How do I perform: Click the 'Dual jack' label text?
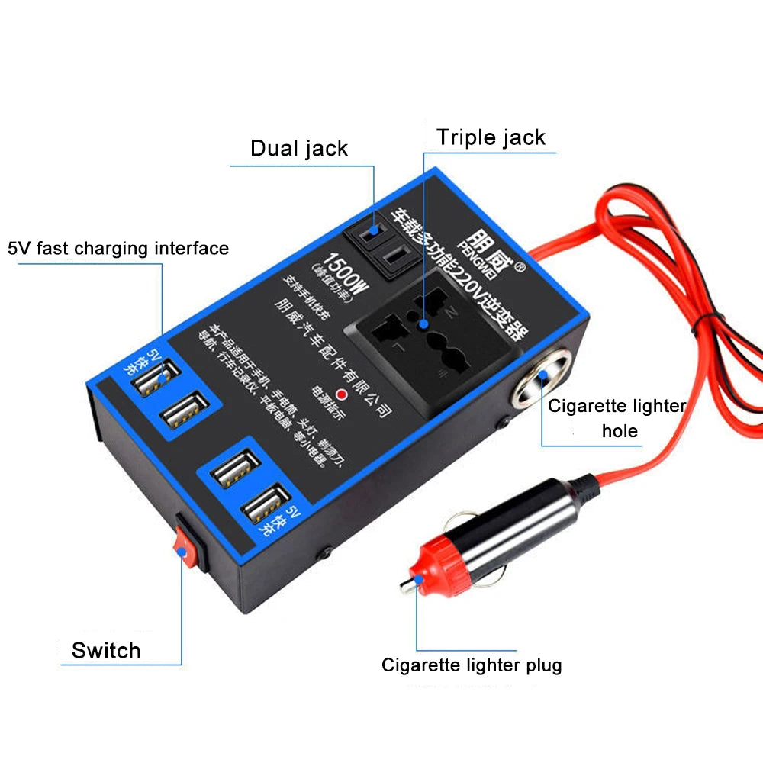coord(299,147)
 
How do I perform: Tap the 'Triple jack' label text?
coord(491,137)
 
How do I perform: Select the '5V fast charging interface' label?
coord(118,248)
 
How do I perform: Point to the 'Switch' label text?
coord(106,651)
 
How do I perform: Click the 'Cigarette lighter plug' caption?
coord(472,665)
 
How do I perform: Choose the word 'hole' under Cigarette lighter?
coord(620,431)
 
